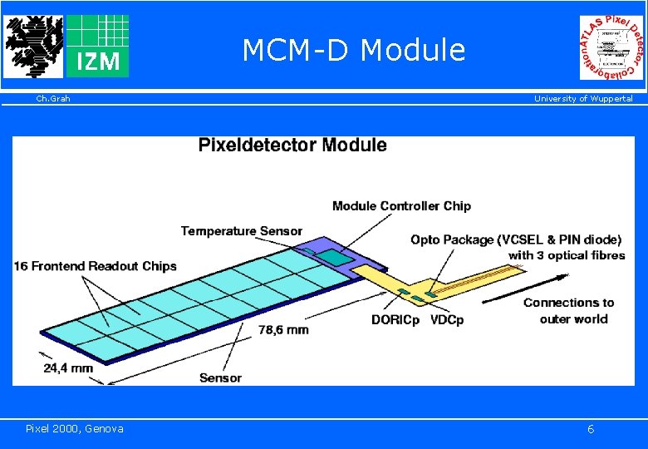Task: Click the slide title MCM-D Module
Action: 353,51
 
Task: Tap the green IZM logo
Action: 97,46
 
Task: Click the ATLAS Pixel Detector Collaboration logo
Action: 611,47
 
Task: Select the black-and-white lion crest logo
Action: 32,46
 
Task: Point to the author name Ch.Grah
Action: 53,99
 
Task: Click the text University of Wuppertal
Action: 582,99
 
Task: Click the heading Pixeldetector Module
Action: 292,146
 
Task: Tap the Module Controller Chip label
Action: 401,206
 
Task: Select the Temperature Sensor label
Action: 242,230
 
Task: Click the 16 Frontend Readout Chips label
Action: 96,266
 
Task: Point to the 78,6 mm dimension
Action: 283,329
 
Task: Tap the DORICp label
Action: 395,320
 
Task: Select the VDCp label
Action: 447,320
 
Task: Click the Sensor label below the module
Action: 220,377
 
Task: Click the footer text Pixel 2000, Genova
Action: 75,428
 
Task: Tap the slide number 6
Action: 590,429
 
